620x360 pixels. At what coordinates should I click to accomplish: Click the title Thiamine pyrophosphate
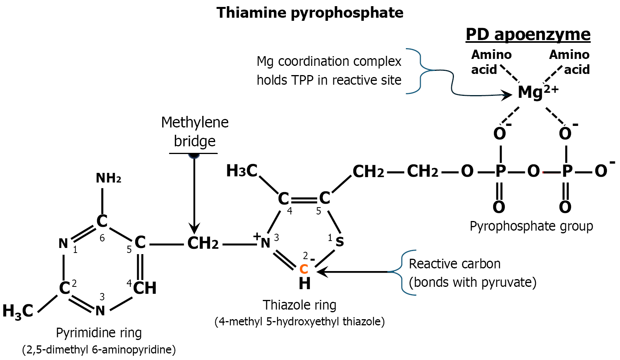[310, 13]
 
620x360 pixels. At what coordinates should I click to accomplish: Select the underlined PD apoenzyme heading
[528, 35]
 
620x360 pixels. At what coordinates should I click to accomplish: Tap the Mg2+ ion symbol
[538, 92]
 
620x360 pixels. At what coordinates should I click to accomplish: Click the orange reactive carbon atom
[304, 269]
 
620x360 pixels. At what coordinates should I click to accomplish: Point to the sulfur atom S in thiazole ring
[339, 242]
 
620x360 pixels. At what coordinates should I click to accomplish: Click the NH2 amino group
[109, 178]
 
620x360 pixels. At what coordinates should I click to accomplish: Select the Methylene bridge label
[195, 132]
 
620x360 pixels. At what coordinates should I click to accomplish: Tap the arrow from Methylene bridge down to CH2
[194, 194]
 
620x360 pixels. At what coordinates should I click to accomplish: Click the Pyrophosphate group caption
[531, 226]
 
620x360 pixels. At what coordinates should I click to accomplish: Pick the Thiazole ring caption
[299, 305]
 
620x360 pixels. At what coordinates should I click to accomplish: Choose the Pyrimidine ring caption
[99, 333]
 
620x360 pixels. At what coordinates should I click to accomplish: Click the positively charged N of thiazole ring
[265, 243]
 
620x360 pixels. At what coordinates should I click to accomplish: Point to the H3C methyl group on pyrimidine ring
[18, 311]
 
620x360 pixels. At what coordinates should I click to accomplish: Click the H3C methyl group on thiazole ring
[242, 171]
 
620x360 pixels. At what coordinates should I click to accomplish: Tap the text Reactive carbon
[455, 264]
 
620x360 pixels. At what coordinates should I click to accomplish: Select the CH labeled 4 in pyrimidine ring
[144, 288]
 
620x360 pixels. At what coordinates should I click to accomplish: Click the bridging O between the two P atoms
[533, 171]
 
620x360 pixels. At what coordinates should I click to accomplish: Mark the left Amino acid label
[491, 62]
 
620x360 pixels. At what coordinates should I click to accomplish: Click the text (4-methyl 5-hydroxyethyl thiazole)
[300, 321]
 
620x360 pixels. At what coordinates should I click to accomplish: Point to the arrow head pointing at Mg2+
[508, 95]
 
